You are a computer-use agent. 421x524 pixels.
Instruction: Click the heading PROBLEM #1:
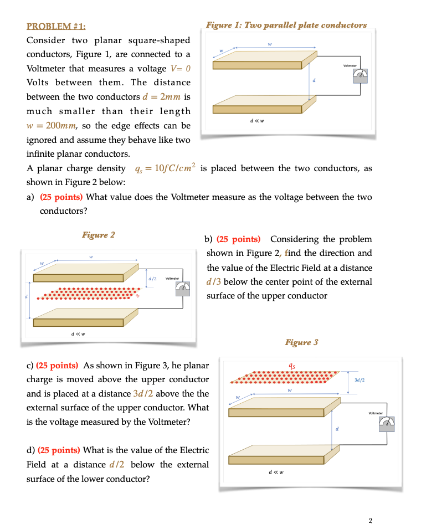pos(56,25)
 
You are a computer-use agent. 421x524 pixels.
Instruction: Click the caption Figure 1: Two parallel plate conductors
pos(286,25)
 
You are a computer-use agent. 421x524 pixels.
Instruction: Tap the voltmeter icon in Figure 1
pos(361,75)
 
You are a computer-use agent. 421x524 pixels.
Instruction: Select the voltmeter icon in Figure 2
pos(182,286)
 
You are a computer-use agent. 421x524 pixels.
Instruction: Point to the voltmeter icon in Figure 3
pos(386,424)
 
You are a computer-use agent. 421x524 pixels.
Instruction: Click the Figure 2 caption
pos(98,235)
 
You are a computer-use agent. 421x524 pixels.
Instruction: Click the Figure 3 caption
pos(301,342)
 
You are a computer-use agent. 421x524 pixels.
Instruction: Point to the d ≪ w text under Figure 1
pos(257,121)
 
